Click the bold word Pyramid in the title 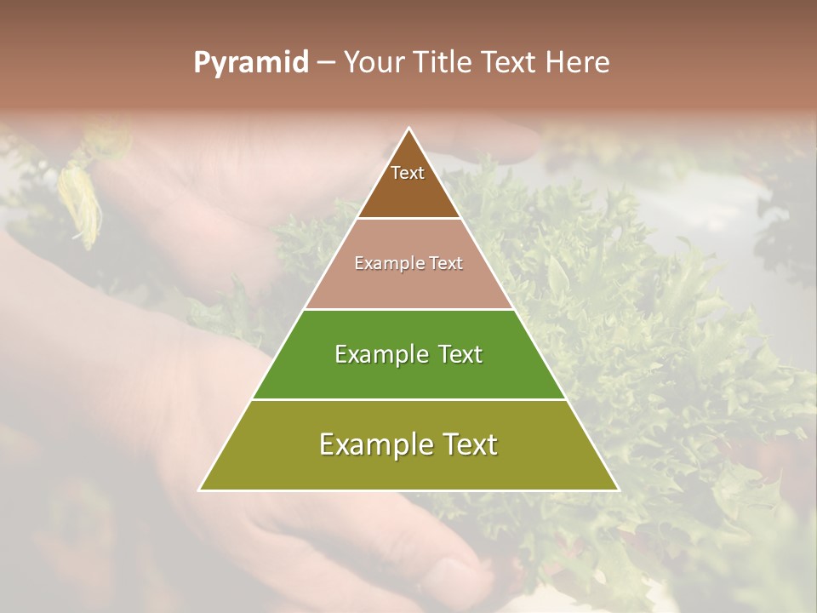point(251,63)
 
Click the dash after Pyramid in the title point(325,63)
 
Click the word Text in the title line point(510,63)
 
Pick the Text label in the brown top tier point(408,173)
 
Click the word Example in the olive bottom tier point(373,444)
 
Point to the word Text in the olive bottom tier point(469,444)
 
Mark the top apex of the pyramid point(408,129)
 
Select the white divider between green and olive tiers point(408,399)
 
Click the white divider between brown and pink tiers point(408,218)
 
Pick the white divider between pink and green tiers point(408,308)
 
